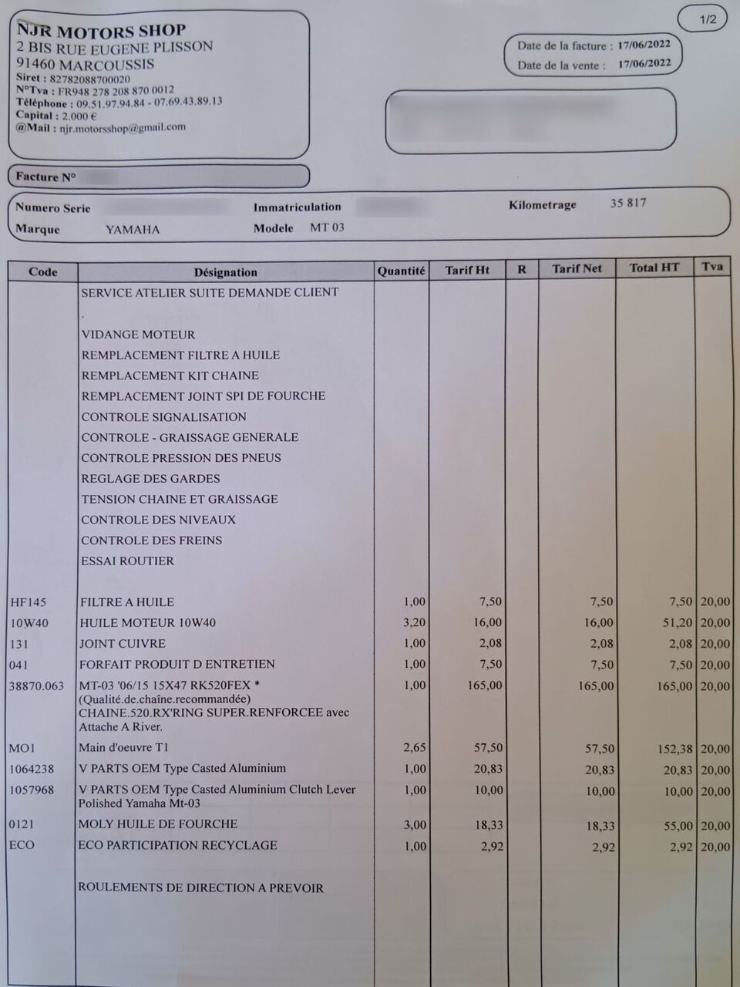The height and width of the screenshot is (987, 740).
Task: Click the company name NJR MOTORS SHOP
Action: click(x=101, y=31)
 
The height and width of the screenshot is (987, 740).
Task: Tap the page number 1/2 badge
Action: click(x=708, y=19)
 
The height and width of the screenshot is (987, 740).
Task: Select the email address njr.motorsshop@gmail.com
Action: click(x=123, y=128)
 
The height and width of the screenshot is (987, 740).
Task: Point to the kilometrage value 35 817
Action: click(x=627, y=203)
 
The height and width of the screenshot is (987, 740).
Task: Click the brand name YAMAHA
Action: click(x=133, y=230)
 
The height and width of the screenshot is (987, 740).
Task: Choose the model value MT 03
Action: click(x=327, y=227)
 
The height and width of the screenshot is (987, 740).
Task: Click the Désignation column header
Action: click(x=225, y=271)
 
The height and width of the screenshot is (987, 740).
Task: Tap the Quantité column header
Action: click(x=401, y=271)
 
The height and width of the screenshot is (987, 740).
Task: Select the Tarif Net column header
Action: click(x=576, y=268)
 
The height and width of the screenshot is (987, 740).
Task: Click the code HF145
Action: click(x=28, y=602)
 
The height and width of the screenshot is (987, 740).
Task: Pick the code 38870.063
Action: click(x=36, y=686)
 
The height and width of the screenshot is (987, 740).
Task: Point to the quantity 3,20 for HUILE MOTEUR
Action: click(x=414, y=622)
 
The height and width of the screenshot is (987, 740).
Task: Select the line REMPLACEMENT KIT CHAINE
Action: click(x=170, y=376)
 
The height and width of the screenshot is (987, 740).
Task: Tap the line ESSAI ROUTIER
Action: click(x=127, y=561)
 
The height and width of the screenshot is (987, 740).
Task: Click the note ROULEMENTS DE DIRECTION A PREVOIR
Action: click(x=200, y=888)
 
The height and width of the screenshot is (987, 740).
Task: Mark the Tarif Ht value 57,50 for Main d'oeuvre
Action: click(x=488, y=748)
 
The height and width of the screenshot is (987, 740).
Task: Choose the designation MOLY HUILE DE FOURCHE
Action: click(x=157, y=824)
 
